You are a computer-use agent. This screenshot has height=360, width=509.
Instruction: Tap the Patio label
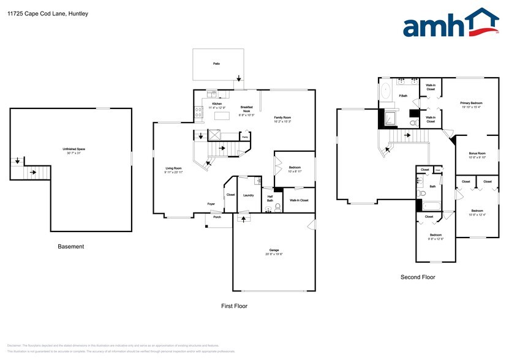click(x=216, y=63)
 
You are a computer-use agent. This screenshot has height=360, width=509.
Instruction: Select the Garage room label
click(x=274, y=250)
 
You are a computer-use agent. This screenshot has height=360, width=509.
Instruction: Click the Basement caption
click(x=71, y=247)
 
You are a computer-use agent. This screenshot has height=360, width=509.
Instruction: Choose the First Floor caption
click(x=234, y=305)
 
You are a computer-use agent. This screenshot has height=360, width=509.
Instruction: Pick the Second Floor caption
click(x=418, y=277)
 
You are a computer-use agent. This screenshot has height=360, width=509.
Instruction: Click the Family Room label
click(x=282, y=117)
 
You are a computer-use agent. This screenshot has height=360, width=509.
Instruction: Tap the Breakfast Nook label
click(x=247, y=110)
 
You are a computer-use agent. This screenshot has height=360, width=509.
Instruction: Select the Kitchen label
click(x=217, y=104)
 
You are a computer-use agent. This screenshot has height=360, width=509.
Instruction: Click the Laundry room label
click(x=248, y=195)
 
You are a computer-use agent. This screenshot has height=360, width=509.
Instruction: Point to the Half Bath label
click(x=270, y=198)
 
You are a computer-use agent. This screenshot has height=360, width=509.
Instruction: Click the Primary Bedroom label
click(x=472, y=103)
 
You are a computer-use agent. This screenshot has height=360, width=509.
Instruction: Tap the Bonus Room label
click(x=477, y=153)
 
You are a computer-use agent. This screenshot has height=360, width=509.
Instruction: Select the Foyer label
click(x=211, y=204)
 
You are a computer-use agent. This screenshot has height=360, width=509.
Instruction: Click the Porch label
click(x=217, y=217)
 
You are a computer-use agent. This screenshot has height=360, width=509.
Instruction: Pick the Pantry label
click(x=246, y=138)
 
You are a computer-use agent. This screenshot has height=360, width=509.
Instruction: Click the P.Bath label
click(x=404, y=96)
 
